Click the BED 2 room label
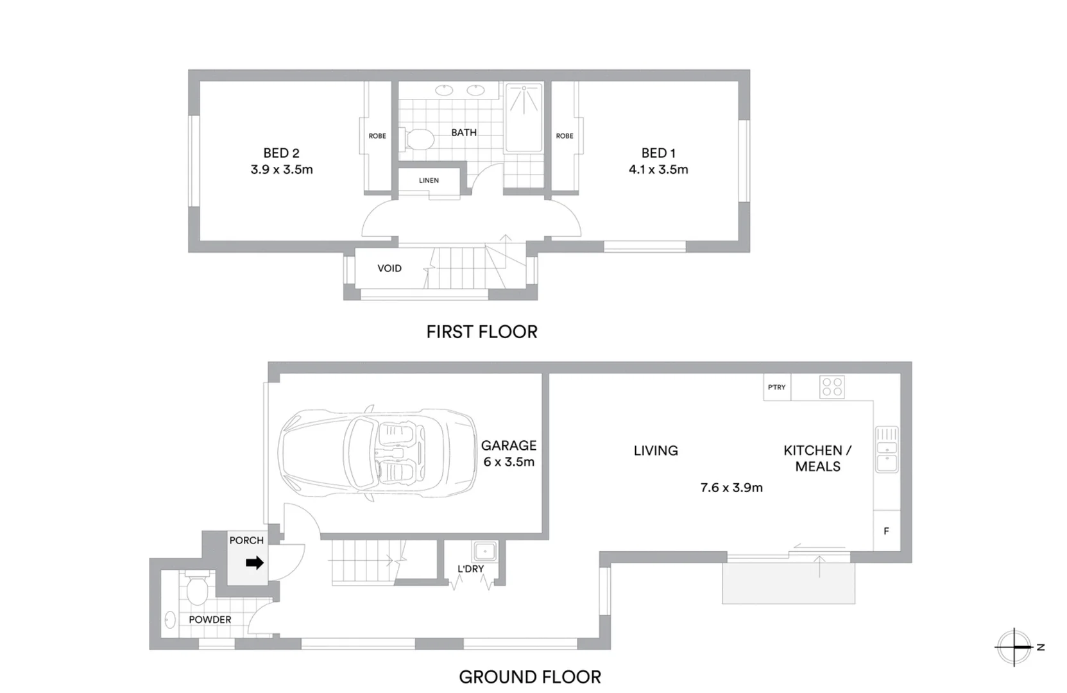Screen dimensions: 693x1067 pyautogui.click(x=281, y=153)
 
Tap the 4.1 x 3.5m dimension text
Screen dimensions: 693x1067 pyautogui.click(x=658, y=170)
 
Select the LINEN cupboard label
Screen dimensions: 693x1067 pyautogui.click(x=429, y=180)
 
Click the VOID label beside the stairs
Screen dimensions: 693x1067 pyautogui.click(x=389, y=268)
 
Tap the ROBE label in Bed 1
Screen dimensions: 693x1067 pyautogui.click(x=565, y=136)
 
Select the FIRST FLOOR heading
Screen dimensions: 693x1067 pyautogui.click(x=482, y=332)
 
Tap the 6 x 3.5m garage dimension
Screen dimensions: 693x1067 pyautogui.click(x=509, y=462)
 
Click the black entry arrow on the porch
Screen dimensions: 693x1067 pyautogui.click(x=255, y=563)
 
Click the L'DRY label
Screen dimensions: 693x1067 pyautogui.click(x=470, y=569)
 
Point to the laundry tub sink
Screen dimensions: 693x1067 pyautogui.click(x=484, y=551)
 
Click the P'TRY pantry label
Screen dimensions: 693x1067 pyautogui.click(x=776, y=388)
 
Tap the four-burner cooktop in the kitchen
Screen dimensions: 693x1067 pyautogui.click(x=832, y=387)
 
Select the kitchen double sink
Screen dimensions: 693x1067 pyautogui.click(x=887, y=449)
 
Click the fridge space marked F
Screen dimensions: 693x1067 pyautogui.click(x=887, y=531)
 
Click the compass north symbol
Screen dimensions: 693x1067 pyautogui.click(x=1015, y=647)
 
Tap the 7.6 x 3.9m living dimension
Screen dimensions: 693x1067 pyautogui.click(x=731, y=488)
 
